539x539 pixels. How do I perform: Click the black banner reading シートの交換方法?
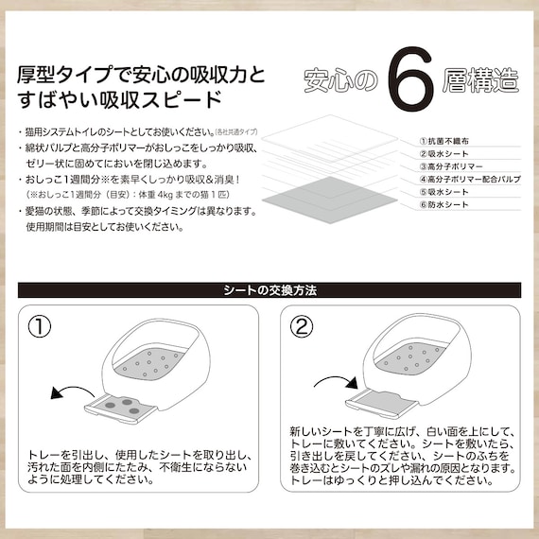269,289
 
